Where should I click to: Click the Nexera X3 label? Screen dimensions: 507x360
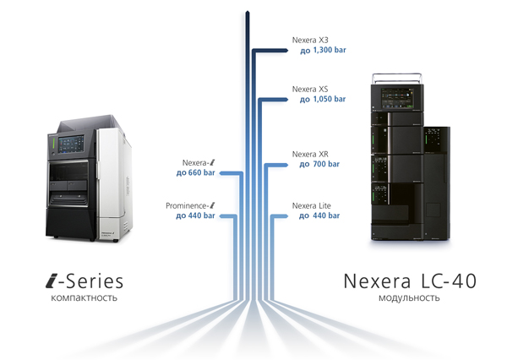310,40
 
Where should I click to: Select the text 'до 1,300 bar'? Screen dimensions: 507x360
323,51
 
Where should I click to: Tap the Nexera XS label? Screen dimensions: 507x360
310,89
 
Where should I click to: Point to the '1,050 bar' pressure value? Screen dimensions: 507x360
330,99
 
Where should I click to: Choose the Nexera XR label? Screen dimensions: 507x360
310,154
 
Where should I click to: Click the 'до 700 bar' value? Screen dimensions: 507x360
319,164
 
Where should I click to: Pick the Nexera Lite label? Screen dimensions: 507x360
311,205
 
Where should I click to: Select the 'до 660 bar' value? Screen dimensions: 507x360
196,172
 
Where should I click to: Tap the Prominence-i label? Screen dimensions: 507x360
190,205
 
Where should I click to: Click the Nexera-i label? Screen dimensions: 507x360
199,163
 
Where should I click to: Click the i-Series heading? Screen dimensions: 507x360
84,281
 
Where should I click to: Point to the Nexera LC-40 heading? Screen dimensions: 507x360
410,281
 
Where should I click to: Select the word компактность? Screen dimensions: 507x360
84,297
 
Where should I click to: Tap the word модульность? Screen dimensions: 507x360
409,297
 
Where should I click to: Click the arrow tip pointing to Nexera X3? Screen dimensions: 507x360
287,51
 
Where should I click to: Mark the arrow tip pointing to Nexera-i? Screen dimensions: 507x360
221,173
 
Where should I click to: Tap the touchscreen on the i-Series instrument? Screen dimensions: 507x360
71,144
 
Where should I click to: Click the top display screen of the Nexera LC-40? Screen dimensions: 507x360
397,98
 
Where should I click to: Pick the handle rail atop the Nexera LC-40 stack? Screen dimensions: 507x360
397,78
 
